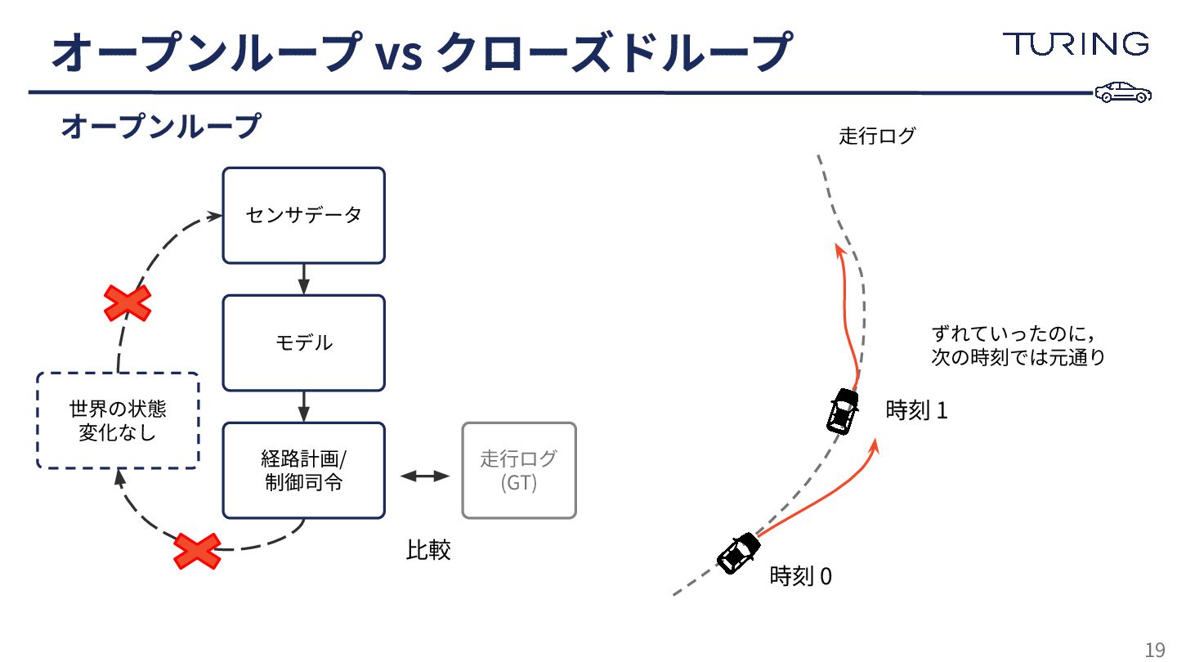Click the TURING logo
tap(1076, 44)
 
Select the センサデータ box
tap(303, 216)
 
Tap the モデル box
tap(303, 342)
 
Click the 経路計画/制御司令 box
tap(303, 470)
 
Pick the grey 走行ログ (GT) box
tap(519, 470)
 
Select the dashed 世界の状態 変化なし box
tap(118, 420)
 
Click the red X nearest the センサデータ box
tap(128, 302)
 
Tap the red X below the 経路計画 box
tap(197, 551)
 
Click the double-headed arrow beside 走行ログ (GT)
tap(425, 476)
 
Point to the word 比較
tap(428, 550)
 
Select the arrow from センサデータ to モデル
tap(303, 279)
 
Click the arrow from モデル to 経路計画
tap(303, 406)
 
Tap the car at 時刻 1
tap(842, 410)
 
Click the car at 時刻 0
tap(739, 553)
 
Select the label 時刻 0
tap(801, 576)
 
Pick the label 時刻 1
tap(916, 410)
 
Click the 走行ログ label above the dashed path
tap(877, 136)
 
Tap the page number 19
tap(1154, 650)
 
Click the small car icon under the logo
tap(1123, 92)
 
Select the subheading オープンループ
tap(160, 127)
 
